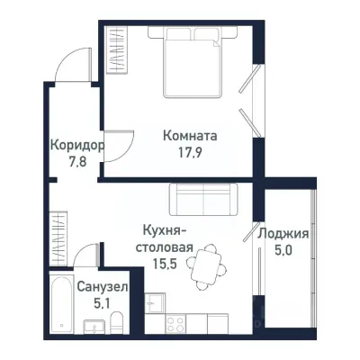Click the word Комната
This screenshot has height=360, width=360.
[190, 136]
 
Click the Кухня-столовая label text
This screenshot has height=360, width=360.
[164, 237]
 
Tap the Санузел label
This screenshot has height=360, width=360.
[101, 286]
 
